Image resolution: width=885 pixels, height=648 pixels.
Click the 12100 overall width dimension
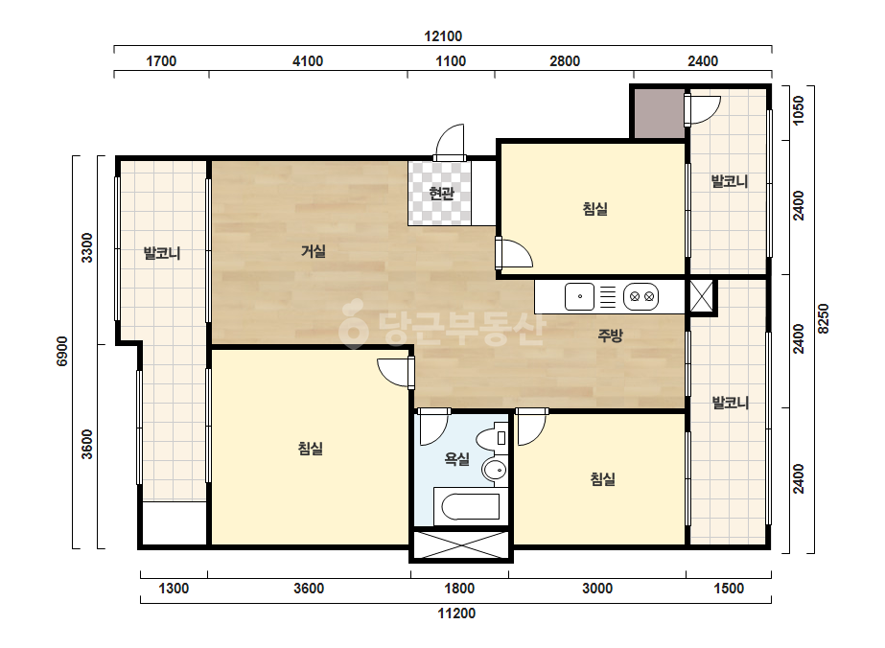point(443,36)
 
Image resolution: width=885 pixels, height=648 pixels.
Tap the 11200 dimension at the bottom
point(456,613)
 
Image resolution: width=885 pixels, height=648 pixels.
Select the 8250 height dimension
point(824,319)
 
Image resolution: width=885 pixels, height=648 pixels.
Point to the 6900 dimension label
point(62,351)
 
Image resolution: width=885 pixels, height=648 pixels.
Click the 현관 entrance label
point(441,194)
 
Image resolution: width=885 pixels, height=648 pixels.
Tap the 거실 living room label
point(314,250)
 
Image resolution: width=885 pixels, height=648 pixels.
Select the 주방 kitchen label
point(610,336)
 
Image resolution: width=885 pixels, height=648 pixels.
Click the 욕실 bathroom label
point(456,458)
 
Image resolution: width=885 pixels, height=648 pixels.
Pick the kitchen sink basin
point(580,296)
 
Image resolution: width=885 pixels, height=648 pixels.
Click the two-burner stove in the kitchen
point(641,296)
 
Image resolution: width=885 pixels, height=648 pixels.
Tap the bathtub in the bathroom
point(470,506)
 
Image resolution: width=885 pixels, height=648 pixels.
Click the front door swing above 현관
point(450,142)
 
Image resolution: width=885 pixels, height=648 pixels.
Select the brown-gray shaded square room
point(660,113)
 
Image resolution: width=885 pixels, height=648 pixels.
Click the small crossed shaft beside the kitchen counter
point(701,297)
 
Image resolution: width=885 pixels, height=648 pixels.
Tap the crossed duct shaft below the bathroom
point(461,545)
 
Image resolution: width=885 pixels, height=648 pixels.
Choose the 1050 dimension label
point(798,110)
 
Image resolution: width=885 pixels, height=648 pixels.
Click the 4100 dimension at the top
point(308,61)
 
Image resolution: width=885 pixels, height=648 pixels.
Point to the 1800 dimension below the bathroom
point(459,589)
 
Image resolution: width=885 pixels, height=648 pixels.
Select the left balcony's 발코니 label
point(162,253)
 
